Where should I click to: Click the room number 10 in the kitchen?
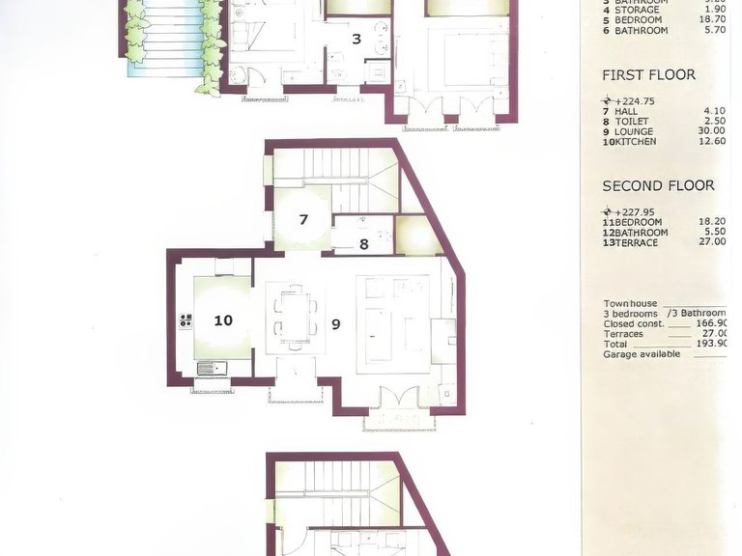223,320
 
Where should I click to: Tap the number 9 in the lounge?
336,324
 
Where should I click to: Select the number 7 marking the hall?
303,219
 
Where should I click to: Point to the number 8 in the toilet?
363,244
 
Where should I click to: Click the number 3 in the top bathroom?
357,40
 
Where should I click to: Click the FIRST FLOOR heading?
648,74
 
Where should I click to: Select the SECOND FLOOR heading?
658,185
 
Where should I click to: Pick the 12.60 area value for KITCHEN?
711,142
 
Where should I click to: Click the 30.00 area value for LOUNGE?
711,132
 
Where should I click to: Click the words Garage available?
642,354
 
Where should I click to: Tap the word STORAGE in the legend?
637,10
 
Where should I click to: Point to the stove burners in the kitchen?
185,320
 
